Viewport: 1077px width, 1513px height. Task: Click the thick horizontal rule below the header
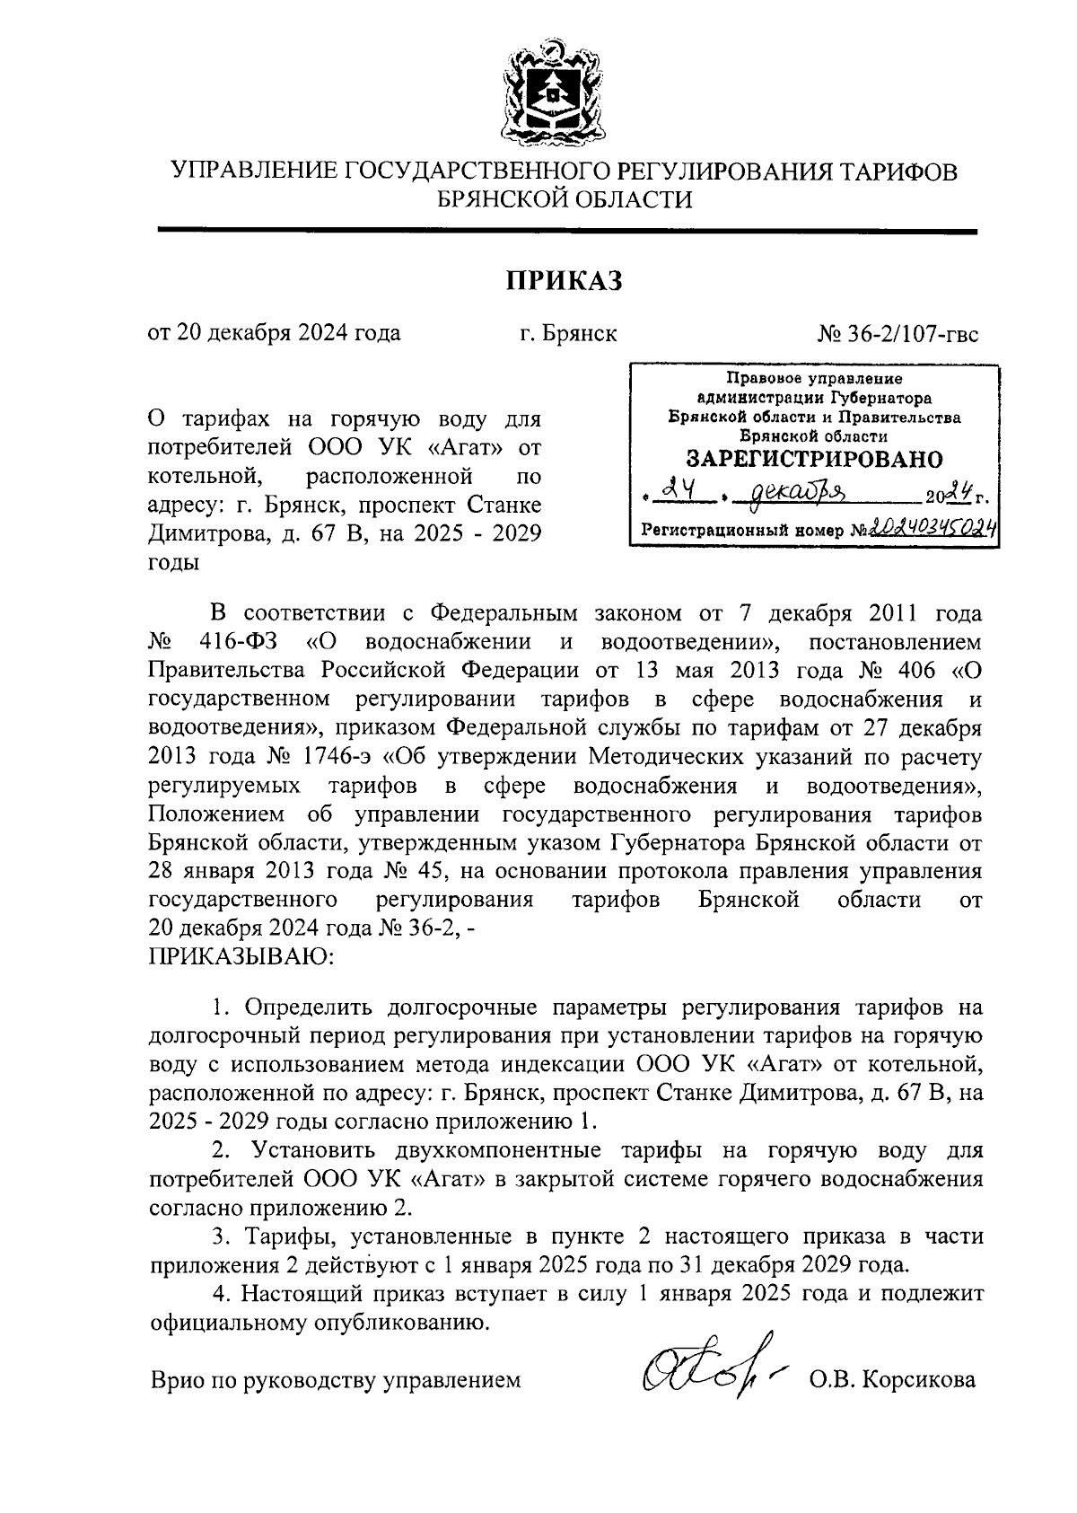566,233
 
